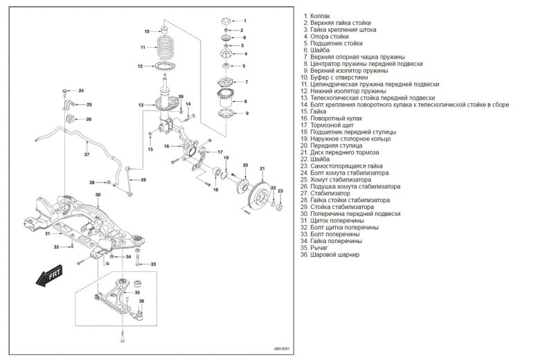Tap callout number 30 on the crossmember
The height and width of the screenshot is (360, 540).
pyautogui.click(x=98, y=195)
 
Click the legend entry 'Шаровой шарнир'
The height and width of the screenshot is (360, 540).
pyautogui.click(x=335, y=254)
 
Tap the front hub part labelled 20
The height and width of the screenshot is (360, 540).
pyautogui.click(x=239, y=183)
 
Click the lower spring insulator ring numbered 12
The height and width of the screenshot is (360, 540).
pyautogui.click(x=166, y=67)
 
